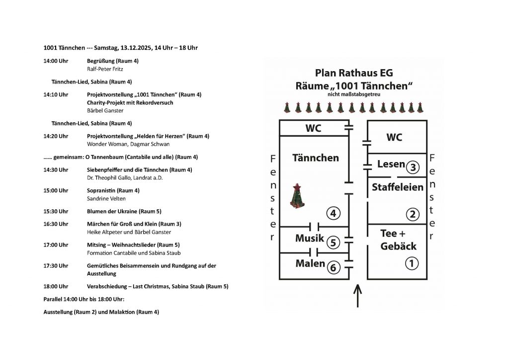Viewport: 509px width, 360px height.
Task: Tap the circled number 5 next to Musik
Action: [334, 243]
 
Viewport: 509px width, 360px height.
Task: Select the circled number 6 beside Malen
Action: [334, 269]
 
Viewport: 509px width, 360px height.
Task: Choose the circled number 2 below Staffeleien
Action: [412, 215]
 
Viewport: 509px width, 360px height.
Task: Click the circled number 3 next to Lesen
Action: [413, 168]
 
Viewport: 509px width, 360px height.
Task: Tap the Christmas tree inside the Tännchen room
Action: [298, 197]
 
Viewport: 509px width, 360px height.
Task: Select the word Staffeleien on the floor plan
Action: [398, 187]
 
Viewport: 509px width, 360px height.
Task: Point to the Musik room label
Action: [309, 239]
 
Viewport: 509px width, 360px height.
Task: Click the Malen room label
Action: [310, 264]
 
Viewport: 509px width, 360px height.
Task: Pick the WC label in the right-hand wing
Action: [394, 137]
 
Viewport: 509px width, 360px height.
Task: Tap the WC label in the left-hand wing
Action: [313, 129]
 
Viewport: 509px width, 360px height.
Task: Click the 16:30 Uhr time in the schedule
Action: [56, 224]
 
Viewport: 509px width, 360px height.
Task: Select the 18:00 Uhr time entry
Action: [56, 286]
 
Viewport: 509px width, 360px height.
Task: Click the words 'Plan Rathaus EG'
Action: [354, 73]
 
